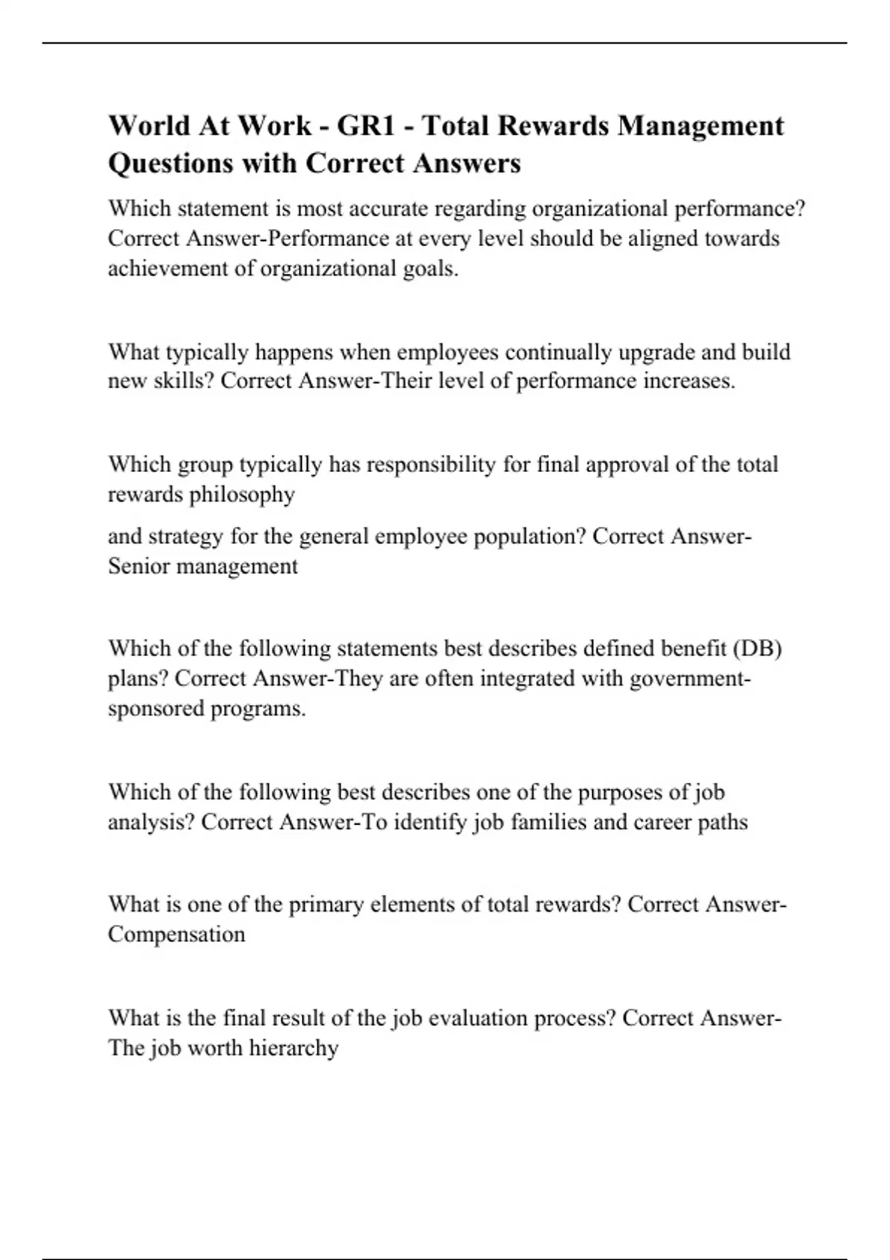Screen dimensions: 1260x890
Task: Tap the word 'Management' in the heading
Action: [701, 126]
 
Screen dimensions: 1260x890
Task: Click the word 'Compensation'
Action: [177, 934]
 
